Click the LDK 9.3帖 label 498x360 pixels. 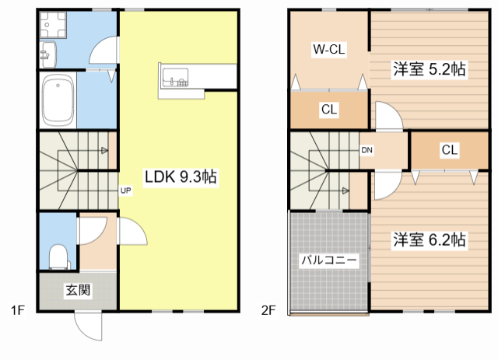(178, 177)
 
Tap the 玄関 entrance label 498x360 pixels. (77, 291)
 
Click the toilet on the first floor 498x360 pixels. (57, 255)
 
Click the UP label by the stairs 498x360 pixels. (124, 189)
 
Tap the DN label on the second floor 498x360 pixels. (366, 150)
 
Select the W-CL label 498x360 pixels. (328, 50)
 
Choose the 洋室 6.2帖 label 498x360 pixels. (428, 239)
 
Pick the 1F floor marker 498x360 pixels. (18, 312)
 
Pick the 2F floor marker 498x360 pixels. (268, 312)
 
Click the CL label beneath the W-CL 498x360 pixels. (328, 110)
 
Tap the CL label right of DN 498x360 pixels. (448, 150)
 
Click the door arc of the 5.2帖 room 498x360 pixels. (387, 119)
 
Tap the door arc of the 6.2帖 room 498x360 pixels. (387, 184)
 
